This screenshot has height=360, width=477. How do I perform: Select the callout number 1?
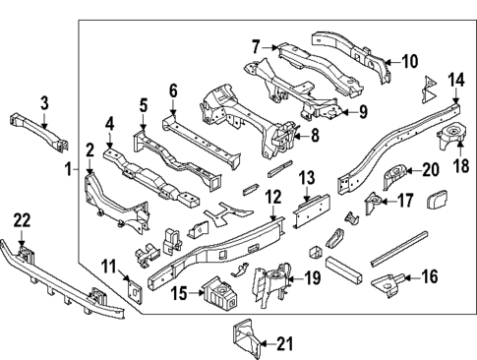pos(69,169)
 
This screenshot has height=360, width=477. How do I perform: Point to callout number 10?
pos(409,61)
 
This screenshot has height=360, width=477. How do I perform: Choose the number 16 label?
pos(429,278)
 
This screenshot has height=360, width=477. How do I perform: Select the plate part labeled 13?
pos(306,209)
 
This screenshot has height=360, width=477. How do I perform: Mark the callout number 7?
pos(256,46)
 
